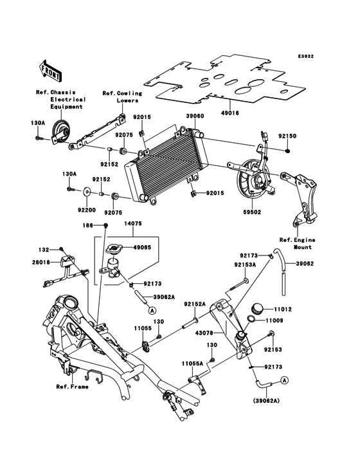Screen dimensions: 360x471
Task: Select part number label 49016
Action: (230, 113)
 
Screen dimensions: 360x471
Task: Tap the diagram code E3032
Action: (306, 56)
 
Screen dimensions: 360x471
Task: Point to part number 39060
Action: (195, 116)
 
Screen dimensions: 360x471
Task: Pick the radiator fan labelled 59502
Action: (252, 180)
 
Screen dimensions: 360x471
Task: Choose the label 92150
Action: (287, 136)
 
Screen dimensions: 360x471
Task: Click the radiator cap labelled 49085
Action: (114, 248)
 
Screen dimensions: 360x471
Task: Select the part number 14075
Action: (133, 224)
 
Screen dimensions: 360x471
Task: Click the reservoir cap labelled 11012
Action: (256, 308)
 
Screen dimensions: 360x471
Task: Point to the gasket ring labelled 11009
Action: (252, 319)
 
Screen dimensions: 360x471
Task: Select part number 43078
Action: (204, 333)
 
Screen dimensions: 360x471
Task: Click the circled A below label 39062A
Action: (152, 309)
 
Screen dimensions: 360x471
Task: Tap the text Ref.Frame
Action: (72, 387)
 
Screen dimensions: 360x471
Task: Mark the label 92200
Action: (87, 210)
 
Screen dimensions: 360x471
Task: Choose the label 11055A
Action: (192, 364)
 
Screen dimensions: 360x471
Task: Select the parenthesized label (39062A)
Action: (266, 401)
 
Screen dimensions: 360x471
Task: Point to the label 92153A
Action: (245, 265)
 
